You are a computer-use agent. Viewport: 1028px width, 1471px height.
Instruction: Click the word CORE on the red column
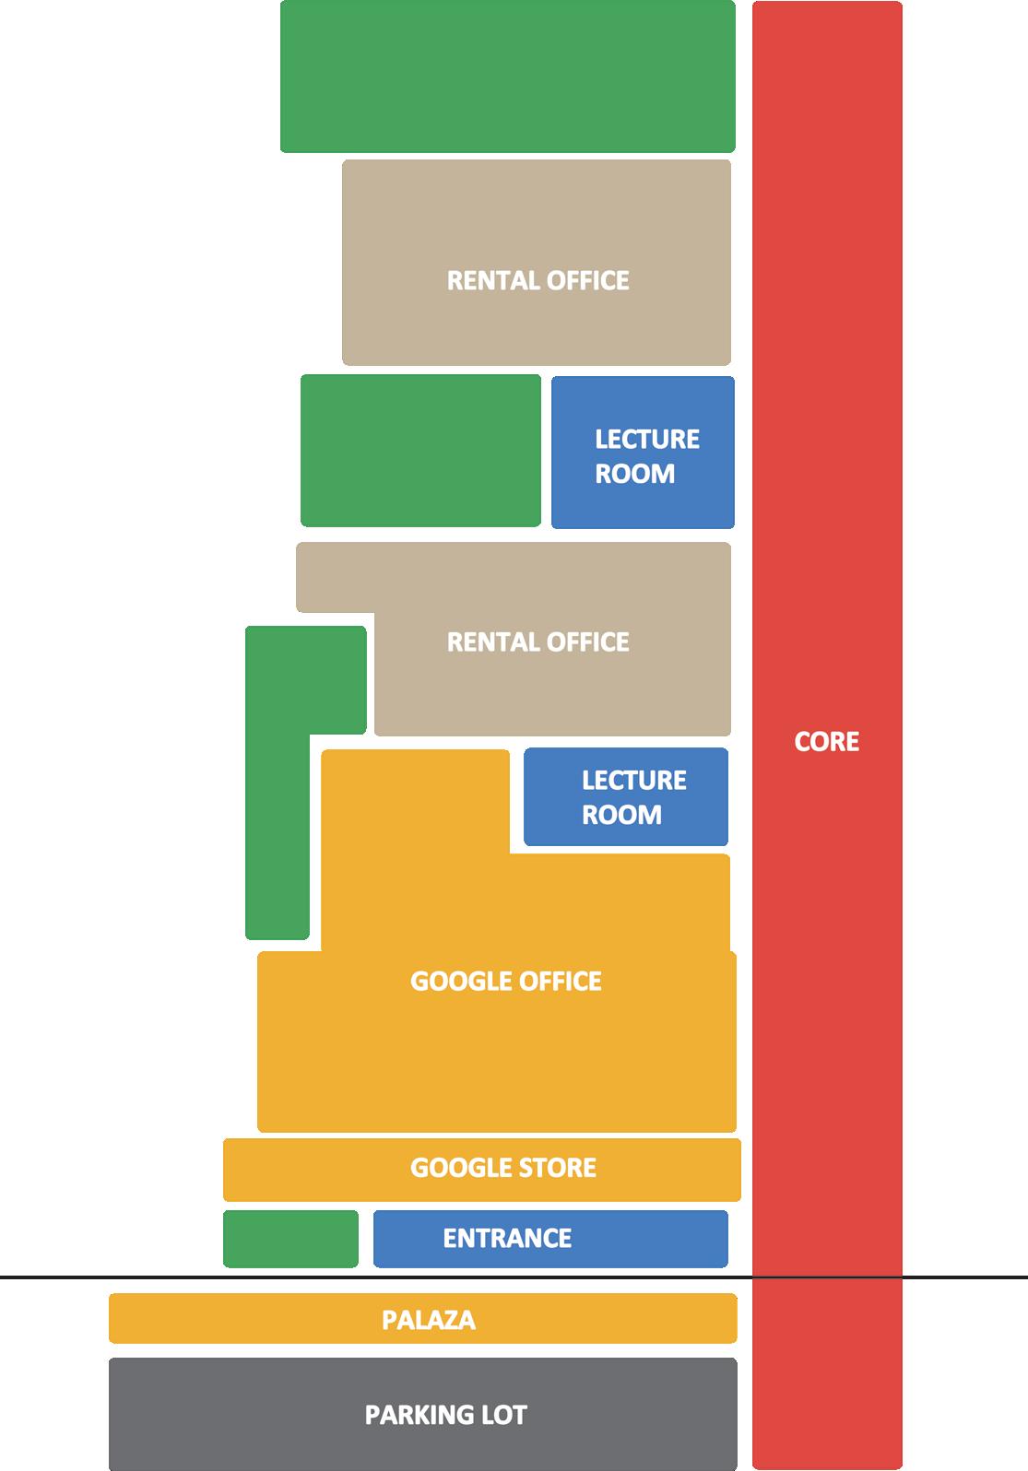pos(826,742)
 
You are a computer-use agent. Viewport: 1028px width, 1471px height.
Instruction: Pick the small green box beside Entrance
pos(290,1239)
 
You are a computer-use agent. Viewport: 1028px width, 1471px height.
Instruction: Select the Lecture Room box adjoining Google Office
pos(625,797)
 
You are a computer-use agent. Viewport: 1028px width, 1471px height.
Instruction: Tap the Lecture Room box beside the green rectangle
pos(643,453)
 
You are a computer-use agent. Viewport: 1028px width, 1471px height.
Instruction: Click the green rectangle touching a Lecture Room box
pos(420,451)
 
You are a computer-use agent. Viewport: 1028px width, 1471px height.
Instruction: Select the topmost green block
pos(507,76)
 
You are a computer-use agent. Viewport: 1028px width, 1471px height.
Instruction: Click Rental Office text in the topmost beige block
pos(538,280)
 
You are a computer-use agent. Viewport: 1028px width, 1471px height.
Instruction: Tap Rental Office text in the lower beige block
pos(538,641)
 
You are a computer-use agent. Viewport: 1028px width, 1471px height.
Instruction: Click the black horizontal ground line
pos(55,1277)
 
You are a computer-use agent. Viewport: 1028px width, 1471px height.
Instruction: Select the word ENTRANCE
pos(507,1238)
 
